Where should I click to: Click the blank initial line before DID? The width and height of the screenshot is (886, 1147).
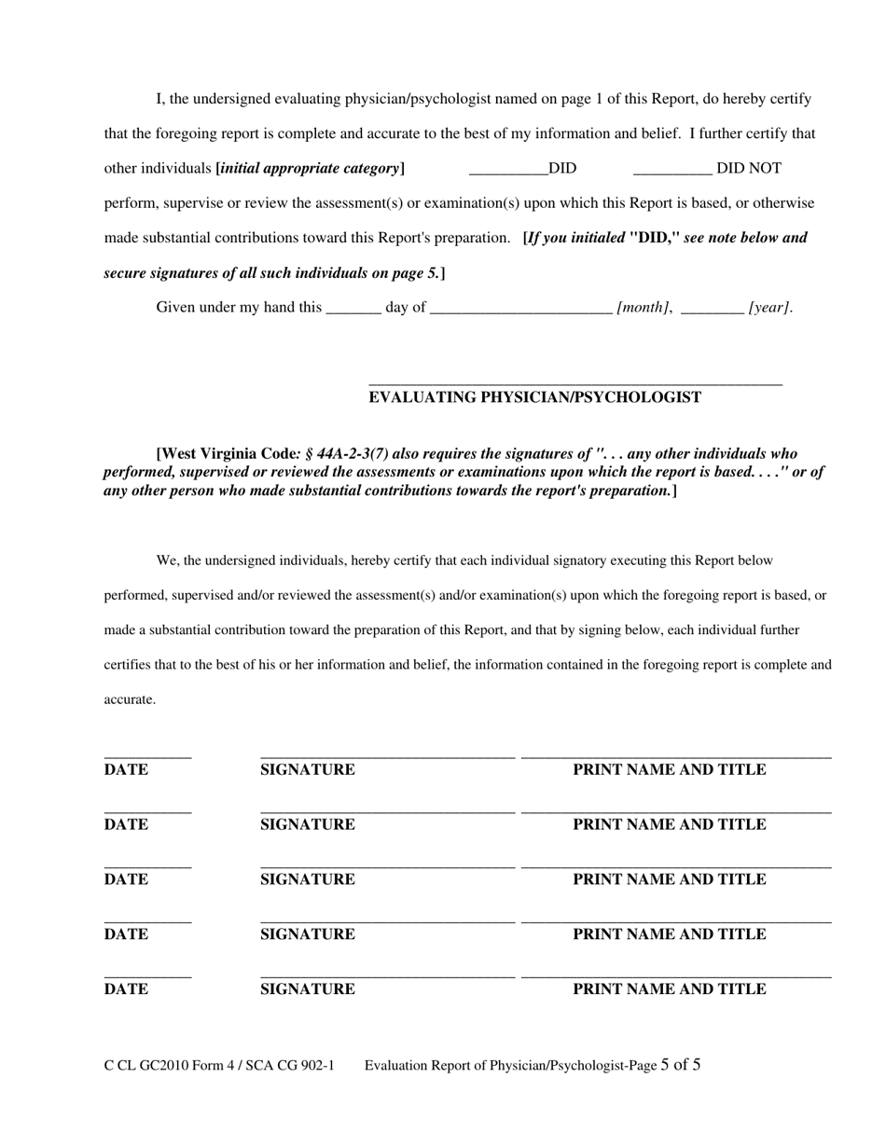click(x=508, y=173)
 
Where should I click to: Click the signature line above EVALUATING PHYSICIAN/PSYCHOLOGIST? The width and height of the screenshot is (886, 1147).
click(x=575, y=383)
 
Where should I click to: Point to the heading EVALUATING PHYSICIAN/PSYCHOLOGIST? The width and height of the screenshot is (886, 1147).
click(x=534, y=397)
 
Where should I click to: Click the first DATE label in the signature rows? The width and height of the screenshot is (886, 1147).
click(x=126, y=770)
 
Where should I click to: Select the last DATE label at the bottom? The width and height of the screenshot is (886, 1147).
click(x=126, y=989)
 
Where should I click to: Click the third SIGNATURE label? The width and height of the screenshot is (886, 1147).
click(x=307, y=879)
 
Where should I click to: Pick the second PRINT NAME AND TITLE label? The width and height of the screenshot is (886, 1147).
click(x=669, y=824)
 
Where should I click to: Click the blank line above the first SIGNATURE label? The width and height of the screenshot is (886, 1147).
click(x=387, y=758)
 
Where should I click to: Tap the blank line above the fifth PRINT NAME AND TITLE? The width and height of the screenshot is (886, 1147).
click(x=676, y=976)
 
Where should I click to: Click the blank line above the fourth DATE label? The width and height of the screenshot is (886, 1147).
click(x=147, y=922)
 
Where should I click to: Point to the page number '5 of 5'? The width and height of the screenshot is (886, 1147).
click(x=681, y=1065)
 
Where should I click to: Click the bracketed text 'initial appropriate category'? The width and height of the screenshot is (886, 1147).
click(x=310, y=169)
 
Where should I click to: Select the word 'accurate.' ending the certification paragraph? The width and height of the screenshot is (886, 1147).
click(x=130, y=699)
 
